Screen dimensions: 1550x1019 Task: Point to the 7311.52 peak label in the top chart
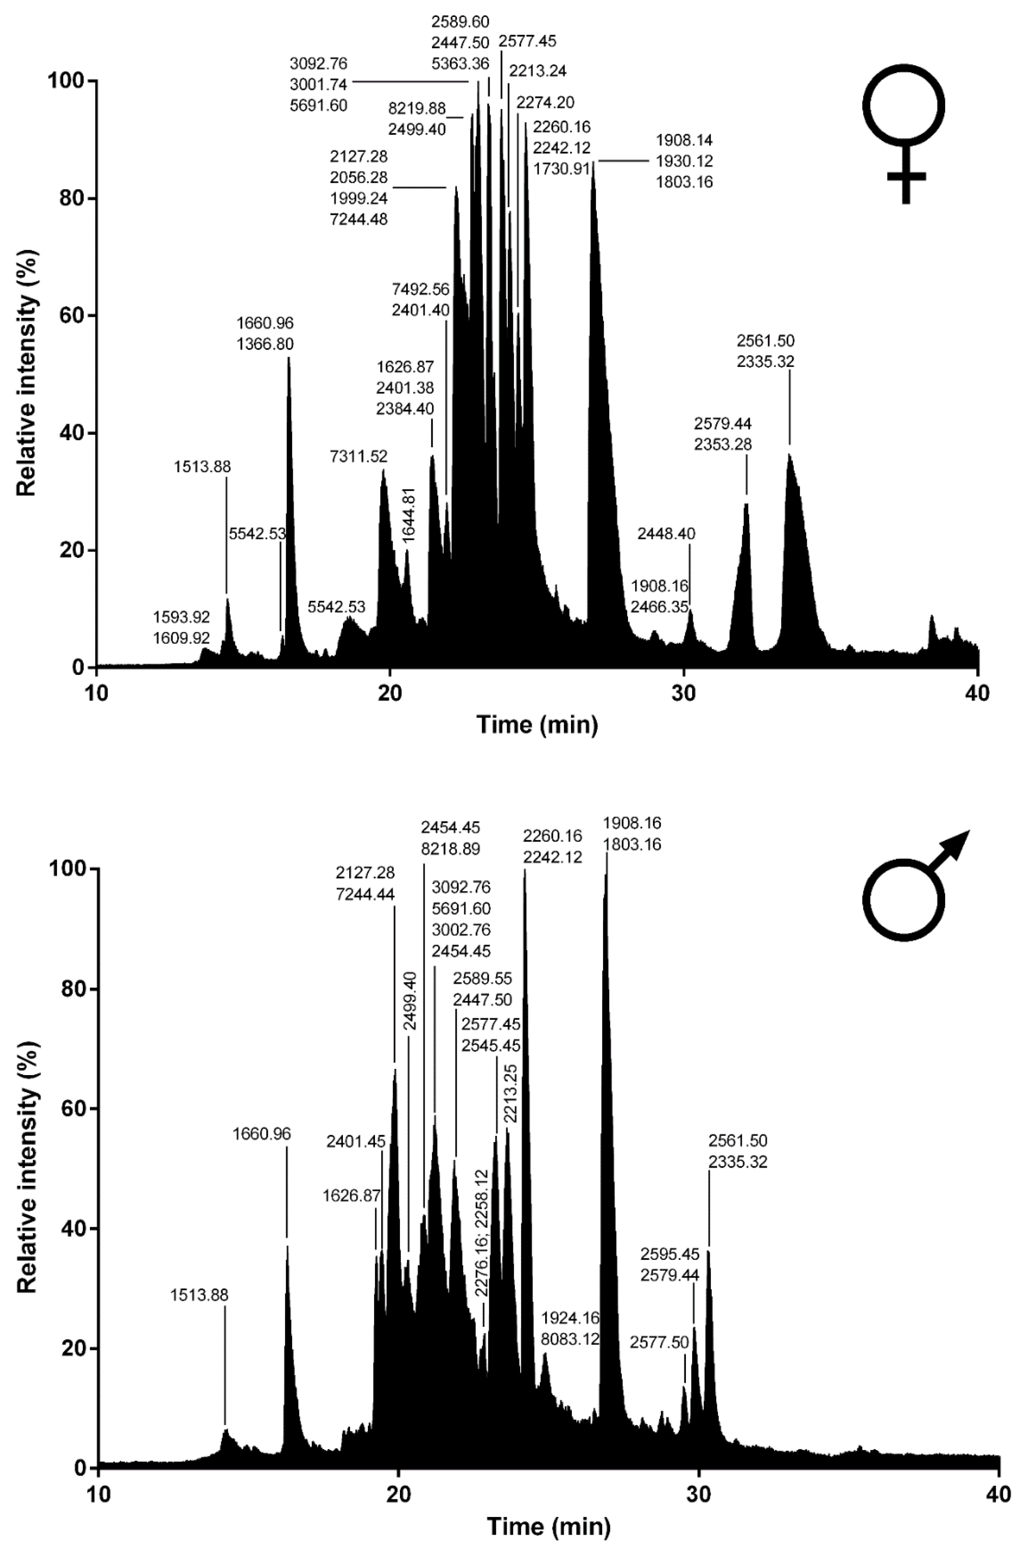358,456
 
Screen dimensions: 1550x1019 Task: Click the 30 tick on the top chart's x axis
684,692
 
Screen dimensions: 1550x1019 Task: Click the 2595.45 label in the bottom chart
670,1254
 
